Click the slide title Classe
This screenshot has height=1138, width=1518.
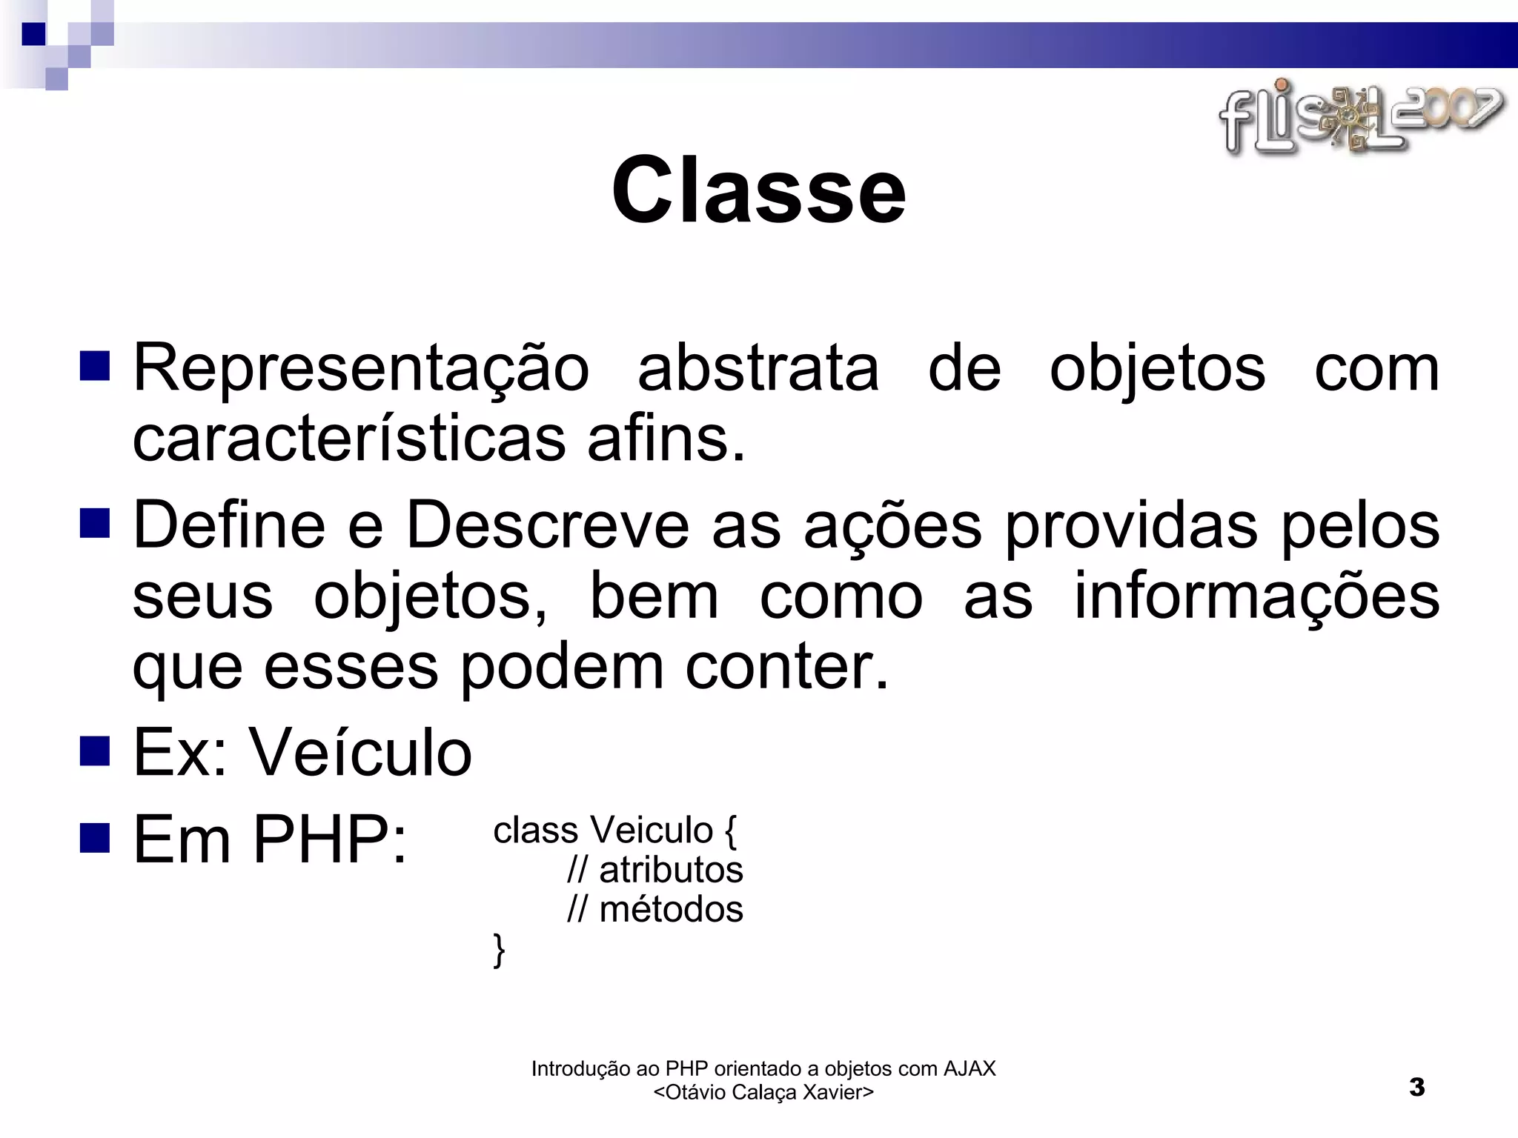point(758,190)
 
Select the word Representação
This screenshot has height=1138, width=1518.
point(361,369)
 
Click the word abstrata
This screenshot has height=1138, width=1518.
point(758,369)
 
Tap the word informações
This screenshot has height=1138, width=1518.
point(1256,597)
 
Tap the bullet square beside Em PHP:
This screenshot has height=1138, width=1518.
point(95,837)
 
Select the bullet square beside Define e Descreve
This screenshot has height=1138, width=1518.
point(95,524)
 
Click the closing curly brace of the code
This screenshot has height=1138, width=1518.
point(500,950)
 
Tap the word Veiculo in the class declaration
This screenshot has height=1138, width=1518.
point(650,831)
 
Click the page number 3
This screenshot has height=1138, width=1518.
point(1416,1088)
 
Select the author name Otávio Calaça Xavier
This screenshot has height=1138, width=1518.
point(763,1093)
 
